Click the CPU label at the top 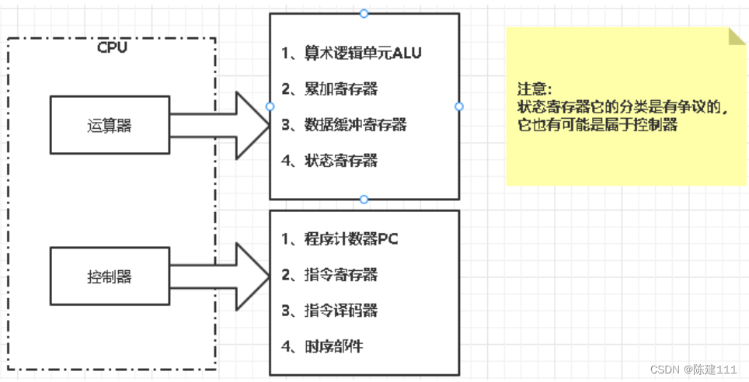[x=112, y=47]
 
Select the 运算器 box [x=110, y=125]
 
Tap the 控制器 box [x=110, y=276]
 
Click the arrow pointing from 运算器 [x=225, y=125]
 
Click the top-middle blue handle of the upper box [x=364, y=13]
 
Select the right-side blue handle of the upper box [x=458, y=106]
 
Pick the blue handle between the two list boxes [x=364, y=200]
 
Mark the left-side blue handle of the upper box [x=270, y=106]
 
